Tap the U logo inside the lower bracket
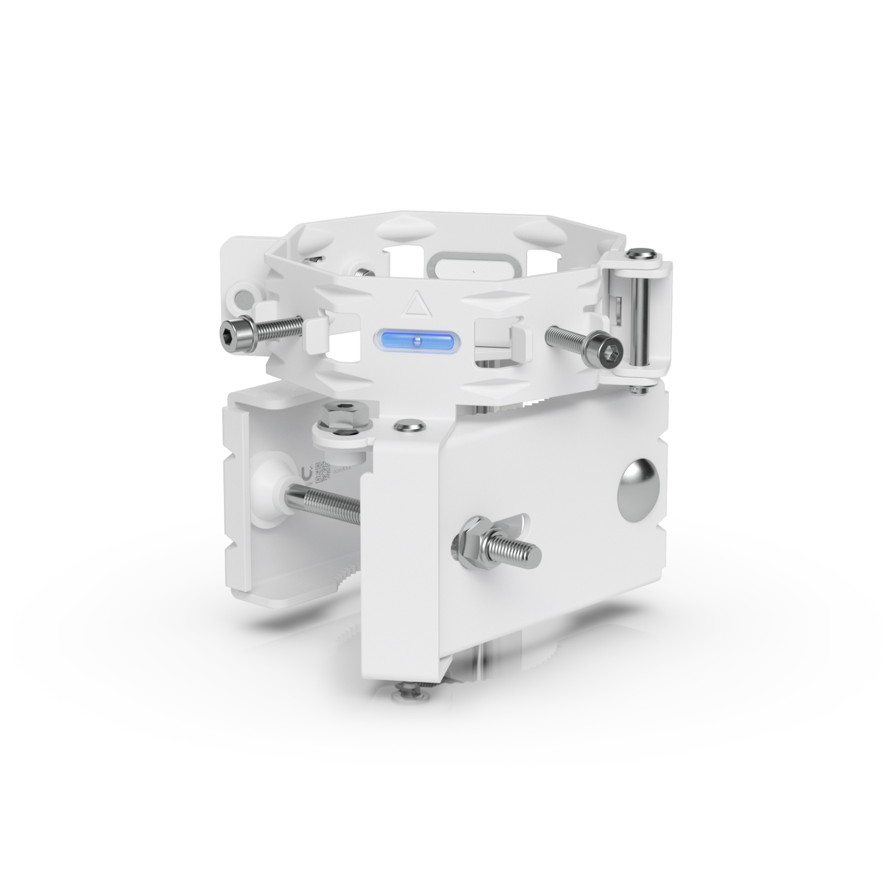(306, 473)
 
